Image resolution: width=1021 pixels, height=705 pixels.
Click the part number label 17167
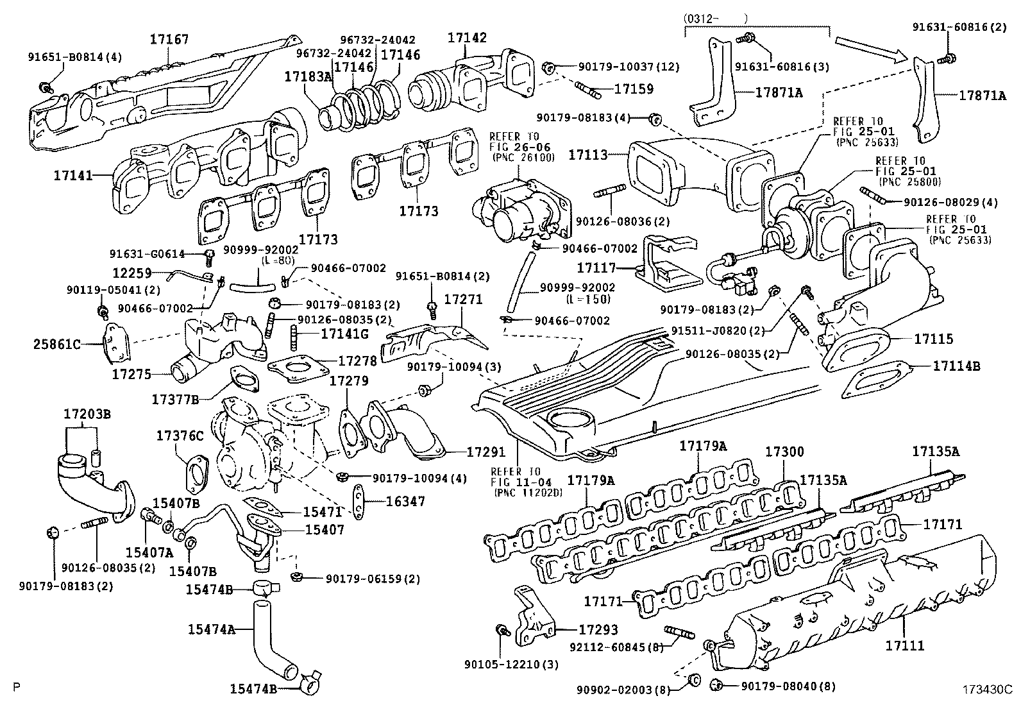(x=170, y=40)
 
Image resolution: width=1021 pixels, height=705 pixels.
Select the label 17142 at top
(x=467, y=38)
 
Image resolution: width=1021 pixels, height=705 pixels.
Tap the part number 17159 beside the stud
(x=634, y=89)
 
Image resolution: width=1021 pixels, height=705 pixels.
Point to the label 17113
(x=588, y=155)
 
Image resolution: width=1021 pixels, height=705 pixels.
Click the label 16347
(x=405, y=502)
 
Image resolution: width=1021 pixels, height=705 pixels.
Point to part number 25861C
(x=57, y=344)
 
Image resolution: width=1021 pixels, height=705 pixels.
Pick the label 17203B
(x=87, y=414)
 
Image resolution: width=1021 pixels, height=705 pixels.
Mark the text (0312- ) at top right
(x=716, y=19)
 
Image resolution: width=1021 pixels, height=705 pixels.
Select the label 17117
(x=596, y=268)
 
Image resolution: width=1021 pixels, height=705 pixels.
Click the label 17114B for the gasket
(x=956, y=366)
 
